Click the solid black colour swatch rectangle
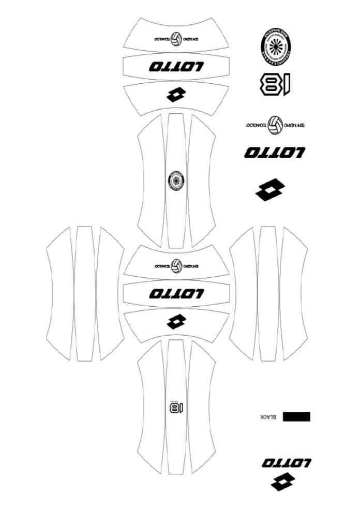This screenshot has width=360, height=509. [296, 416]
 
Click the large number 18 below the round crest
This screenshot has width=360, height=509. [273, 84]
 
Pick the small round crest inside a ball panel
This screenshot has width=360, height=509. [176, 181]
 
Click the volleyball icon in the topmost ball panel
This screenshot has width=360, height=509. [177, 39]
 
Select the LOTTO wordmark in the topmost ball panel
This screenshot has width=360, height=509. [176, 66]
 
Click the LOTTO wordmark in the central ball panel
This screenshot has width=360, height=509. [176, 293]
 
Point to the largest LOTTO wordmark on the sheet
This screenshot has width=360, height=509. [275, 153]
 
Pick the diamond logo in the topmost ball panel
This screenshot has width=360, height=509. [176, 95]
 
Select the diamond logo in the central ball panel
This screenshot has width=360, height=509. [176, 322]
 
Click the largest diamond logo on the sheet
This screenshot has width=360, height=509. [270, 189]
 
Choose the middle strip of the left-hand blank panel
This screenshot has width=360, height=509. [84, 293]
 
